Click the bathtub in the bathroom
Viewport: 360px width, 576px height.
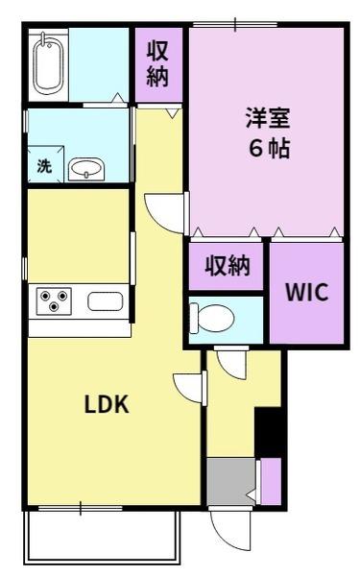(x=47, y=63)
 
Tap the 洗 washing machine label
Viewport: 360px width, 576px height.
(x=44, y=164)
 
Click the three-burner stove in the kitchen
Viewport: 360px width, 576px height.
(x=52, y=302)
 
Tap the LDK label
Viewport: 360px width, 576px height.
(x=107, y=405)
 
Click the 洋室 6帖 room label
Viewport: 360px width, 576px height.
(x=265, y=135)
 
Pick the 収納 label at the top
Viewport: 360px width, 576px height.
(x=159, y=64)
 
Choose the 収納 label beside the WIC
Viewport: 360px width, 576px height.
(x=227, y=266)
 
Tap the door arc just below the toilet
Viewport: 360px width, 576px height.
(x=230, y=362)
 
